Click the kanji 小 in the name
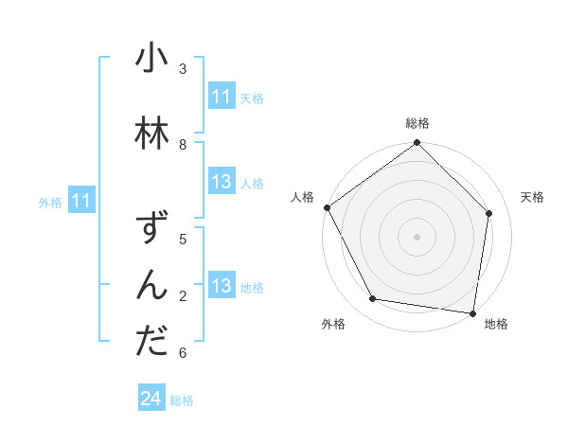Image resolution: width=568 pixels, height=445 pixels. point(151,62)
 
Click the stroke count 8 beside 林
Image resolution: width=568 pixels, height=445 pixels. point(183,144)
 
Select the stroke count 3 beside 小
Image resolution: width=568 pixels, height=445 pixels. point(183,69)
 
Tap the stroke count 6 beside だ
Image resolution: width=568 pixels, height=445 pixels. point(183,353)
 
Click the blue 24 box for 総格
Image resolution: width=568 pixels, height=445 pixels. point(151,399)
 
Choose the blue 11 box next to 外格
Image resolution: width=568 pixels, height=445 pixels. point(81,201)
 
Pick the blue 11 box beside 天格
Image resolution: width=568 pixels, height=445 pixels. point(222,97)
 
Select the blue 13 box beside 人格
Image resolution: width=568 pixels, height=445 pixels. point(222,183)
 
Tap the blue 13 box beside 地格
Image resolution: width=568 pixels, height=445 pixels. point(222,287)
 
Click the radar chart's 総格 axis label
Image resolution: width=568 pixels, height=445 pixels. point(417,123)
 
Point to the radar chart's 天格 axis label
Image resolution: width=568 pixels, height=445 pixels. point(533,197)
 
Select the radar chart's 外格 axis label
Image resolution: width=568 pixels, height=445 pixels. point(333,324)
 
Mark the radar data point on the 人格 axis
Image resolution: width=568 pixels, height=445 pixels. point(328,207)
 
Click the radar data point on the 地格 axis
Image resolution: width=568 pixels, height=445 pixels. point(473,312)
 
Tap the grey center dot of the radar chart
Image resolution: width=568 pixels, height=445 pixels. point(417,236)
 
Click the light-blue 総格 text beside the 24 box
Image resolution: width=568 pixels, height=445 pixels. point(182,400)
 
